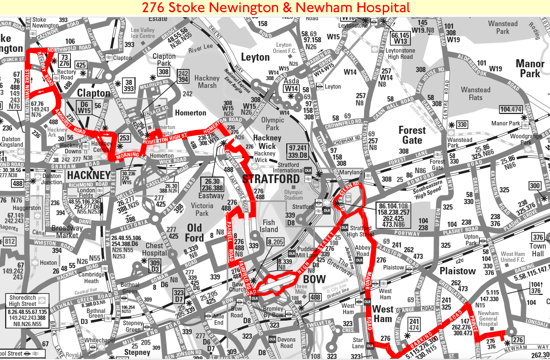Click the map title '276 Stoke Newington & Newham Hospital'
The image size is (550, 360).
pos(276,7)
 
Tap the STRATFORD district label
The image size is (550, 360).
pos(271,179)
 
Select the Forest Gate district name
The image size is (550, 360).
pos(412,135)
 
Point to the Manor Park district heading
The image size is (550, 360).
pos(530,68)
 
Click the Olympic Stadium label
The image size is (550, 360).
pos(293,195)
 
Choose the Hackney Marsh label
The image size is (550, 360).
pos(207,82)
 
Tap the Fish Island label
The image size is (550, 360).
pos(269,226)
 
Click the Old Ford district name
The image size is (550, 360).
pos(194,233)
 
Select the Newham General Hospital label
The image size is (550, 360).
pos(488,318)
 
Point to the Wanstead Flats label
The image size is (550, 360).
pos(475,94)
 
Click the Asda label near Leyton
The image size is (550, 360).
pos(291,81)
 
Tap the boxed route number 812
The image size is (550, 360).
pos(10,242)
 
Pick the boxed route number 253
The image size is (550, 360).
pos(124,138)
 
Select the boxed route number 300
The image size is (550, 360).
pos(535,186)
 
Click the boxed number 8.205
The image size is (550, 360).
pos(275,242)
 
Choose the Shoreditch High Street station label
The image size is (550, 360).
pos(23,301)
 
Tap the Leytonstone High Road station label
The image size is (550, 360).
pos(400,54)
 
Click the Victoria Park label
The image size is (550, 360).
pos(202,209)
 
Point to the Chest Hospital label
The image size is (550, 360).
pos(154,249)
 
